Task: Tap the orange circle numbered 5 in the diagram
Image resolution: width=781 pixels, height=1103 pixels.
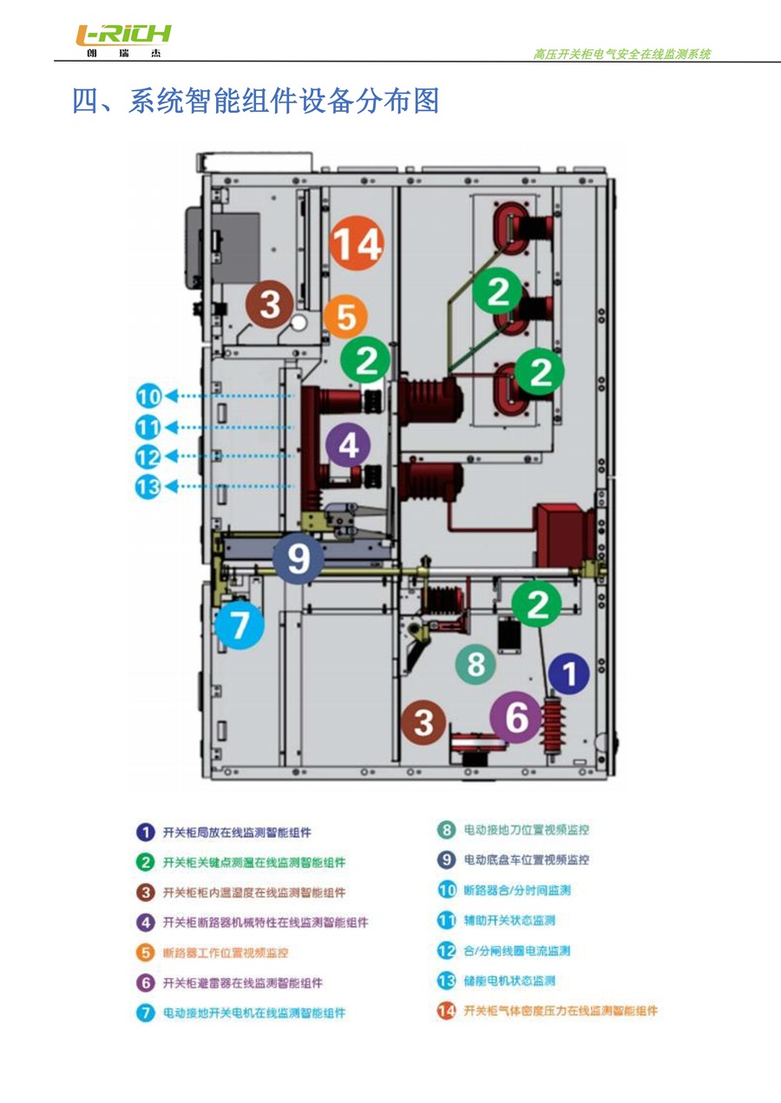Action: click(x=345, y=317)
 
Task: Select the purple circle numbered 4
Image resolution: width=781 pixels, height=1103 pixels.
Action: click(x=348, y=445)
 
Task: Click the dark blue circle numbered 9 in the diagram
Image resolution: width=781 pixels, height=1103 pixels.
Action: click(x=298, y=558)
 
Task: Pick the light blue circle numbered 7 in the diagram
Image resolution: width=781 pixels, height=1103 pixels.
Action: click(x=240, y=624)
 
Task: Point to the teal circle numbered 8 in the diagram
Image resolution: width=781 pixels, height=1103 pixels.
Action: click(x=476, y=665)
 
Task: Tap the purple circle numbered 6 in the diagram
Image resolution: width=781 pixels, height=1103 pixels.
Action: click(x=516, y=718)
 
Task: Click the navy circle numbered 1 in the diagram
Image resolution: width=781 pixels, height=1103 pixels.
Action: click(x=569, y=674)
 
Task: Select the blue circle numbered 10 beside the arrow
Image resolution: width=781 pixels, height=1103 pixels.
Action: click(x=149, y=397)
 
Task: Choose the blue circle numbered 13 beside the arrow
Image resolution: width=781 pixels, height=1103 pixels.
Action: click(x=149, y=486)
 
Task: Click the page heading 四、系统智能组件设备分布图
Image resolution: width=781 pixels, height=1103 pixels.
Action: click(x=255, y=101)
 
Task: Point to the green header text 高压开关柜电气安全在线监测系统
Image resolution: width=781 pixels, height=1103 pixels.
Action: click(x=621, y=54)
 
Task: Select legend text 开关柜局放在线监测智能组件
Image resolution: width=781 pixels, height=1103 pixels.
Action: click(x=237, y=832)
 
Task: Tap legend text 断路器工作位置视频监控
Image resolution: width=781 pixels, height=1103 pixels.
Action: click(x=226, y=952)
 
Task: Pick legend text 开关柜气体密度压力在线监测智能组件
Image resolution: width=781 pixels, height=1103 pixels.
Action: click(x=560, y=1010)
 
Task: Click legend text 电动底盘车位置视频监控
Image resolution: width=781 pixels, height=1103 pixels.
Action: click(x=526, y=860)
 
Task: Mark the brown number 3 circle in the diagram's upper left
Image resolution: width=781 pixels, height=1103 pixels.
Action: click(x=271, y=304)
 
